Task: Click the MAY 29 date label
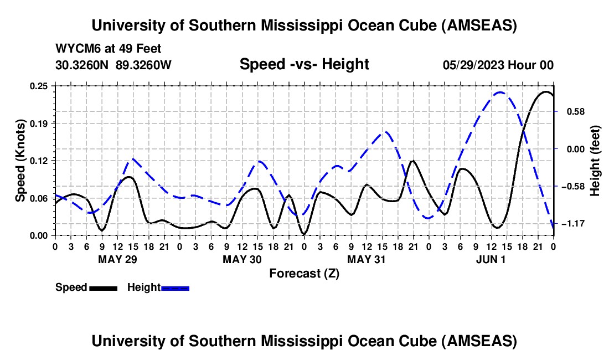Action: click(x=117, y=259)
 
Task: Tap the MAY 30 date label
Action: click(x=242, y=259)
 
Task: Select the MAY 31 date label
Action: click(x=367, y=259)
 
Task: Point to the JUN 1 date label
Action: click(x=491, y=259)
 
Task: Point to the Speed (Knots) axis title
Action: click(x=20, y=161)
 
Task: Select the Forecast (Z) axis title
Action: click(x=304, y=273)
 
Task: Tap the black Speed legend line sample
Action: click(x=103, y=287)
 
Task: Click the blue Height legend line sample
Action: click(x=176, y=287)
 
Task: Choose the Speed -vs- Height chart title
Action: click(x=304, y=65)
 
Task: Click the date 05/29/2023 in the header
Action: click(x=471, y=65)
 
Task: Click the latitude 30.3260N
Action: click(x=82, y=65)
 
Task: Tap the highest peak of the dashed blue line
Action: click(x=500, y=92)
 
